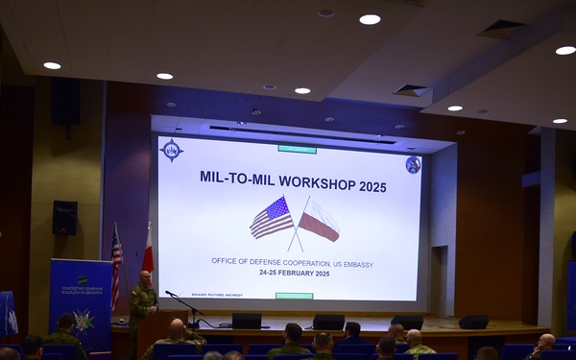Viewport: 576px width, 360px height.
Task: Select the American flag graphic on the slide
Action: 271,219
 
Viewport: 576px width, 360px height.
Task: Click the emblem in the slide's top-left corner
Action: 172,150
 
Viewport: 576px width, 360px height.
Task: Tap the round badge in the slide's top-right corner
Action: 413,165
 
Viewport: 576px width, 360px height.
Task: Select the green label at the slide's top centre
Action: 297,149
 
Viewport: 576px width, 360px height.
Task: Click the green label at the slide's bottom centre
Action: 294,296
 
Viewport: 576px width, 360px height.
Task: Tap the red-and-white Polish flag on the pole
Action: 148,252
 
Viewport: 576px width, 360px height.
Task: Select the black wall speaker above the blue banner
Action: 64,218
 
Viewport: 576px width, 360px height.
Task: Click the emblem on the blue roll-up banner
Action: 83,320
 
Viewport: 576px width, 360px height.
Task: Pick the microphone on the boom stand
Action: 170,294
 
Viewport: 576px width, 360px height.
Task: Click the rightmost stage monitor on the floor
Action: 473,322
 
